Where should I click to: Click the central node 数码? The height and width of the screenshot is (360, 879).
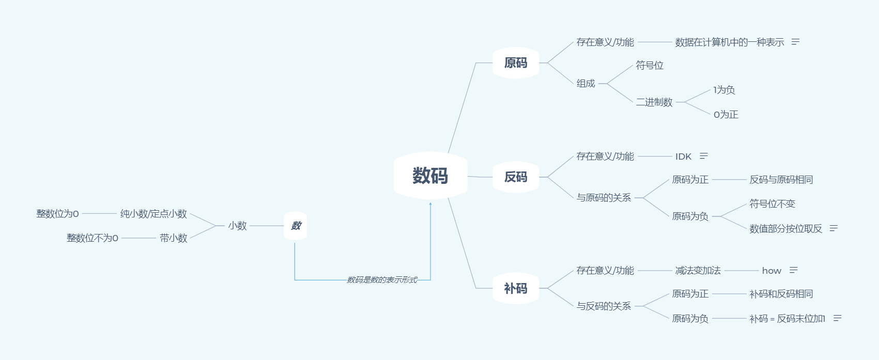coord(430,176)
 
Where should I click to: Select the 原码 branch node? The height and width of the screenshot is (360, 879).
coord(516,63)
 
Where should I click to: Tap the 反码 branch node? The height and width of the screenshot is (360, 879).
coord(516,177)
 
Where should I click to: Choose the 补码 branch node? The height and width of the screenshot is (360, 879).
coord(516,288)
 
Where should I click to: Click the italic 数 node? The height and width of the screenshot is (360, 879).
coord(296,226)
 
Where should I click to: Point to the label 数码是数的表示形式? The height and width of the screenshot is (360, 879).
coord(382,280)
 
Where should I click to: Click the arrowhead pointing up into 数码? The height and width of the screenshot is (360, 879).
coord(430,204)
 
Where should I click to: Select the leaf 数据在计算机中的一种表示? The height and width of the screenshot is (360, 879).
coord(729,42)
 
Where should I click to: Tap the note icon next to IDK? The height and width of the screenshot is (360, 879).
coord(704,156)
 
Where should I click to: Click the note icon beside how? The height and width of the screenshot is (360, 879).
coord(794,270)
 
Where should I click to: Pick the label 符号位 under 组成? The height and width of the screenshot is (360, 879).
coord(650,66)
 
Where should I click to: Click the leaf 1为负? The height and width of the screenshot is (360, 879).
coord(724,90)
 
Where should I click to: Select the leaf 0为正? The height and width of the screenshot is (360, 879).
coord(726,115)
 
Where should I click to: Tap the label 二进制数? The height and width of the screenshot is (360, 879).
coord(654,102)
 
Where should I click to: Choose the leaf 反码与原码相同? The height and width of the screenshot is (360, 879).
coord(781,180)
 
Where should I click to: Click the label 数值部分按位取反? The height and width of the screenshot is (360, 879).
coord(785,228)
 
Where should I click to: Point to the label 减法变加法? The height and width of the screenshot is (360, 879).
coord(698,271)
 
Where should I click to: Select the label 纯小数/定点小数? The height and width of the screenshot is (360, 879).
coord(153,214)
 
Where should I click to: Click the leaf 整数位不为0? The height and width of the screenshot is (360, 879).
coord(92,238)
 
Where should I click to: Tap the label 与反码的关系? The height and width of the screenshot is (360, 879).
coord(604,306)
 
